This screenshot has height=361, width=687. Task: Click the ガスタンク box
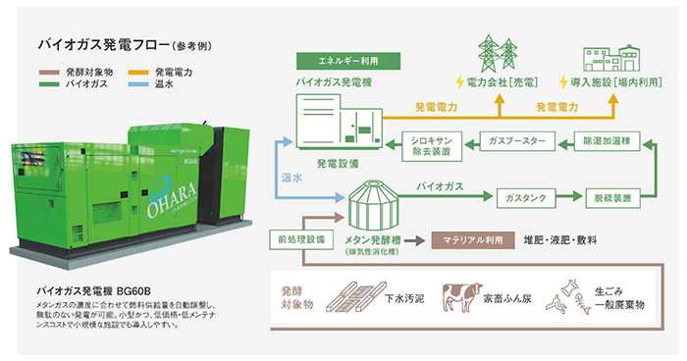click(525, 197)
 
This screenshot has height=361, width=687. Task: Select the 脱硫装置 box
click(614, 197)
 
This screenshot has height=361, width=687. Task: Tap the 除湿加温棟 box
click(612, 141)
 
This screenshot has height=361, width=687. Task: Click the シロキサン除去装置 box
click(432, 146)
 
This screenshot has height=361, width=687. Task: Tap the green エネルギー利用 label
click(337, 61)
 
